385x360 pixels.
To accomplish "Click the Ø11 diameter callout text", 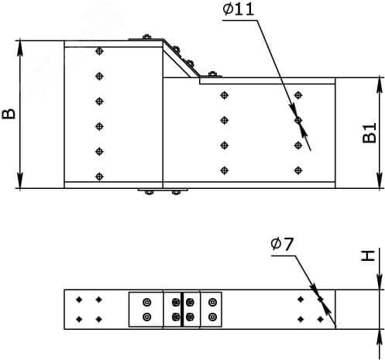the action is tap(238, 9).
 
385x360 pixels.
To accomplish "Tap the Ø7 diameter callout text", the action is tap(282, 244).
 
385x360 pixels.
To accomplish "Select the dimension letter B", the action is tap(9, 114).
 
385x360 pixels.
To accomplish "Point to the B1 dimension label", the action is tap(370, 133).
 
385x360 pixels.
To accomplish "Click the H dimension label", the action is tap(368, 255).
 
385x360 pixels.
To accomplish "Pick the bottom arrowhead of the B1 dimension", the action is tap(380, 180).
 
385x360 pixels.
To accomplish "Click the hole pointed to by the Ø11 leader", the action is tap(298, 120).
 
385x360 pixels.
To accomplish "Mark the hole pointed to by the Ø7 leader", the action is tap(321, 300).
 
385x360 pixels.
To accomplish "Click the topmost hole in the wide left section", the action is tap(99, 51).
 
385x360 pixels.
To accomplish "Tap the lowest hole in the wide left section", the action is tap(99, 177).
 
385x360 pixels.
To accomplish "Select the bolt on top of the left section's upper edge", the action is tap(146, 37).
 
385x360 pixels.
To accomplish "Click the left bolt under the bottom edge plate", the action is tap(149, 192).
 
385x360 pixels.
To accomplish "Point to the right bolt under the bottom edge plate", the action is tap(176, 192).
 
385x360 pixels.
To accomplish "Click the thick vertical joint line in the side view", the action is tap(182, 310).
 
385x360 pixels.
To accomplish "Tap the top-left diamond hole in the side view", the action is tap(79, 300).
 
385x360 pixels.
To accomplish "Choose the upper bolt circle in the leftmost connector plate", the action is tap(147, 302).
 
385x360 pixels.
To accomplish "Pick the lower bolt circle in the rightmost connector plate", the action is tap(212, 317).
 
